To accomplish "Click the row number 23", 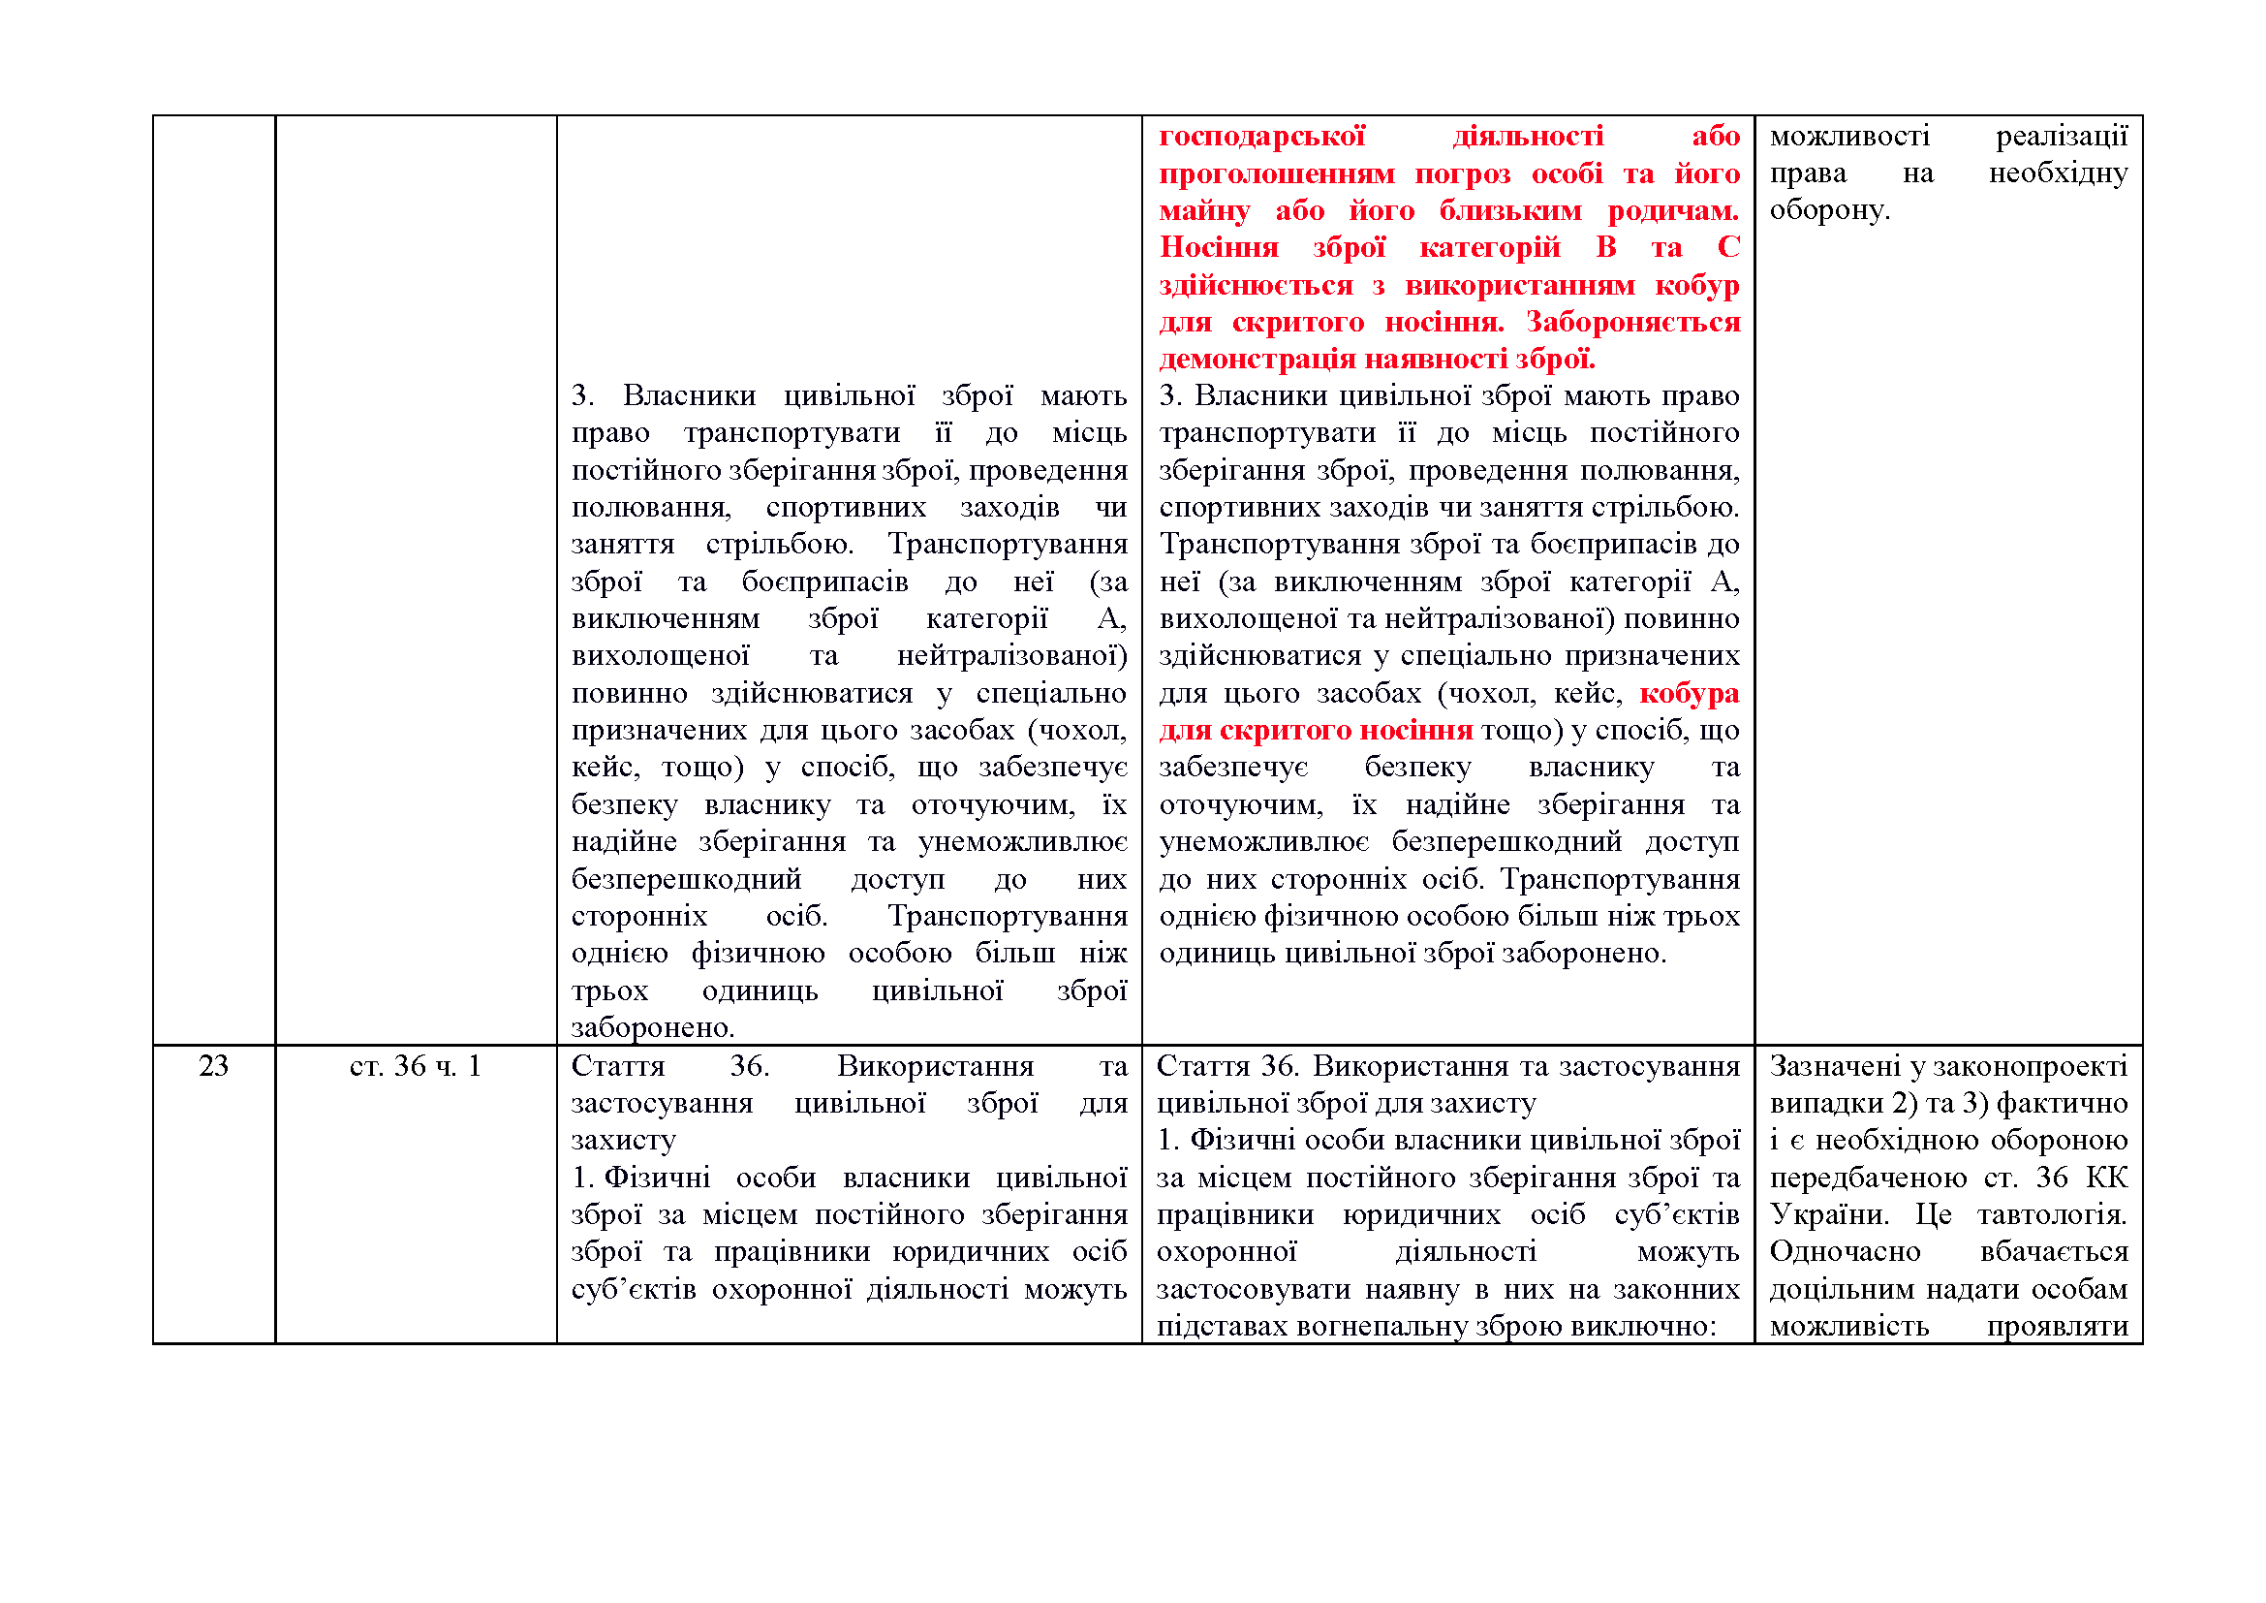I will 213,1066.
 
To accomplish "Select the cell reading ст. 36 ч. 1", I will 415,1066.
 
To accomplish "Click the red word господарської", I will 1261,137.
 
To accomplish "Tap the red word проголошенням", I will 1276,173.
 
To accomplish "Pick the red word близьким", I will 1510,210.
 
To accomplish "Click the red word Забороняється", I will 1632,322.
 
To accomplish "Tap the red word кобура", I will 1689,694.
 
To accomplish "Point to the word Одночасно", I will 1845,1251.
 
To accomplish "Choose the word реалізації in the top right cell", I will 2062,137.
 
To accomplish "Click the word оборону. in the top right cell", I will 1829,210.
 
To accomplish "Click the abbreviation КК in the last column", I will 2106,1178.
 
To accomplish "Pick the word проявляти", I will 2057,1326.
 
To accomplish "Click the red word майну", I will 1204,210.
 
